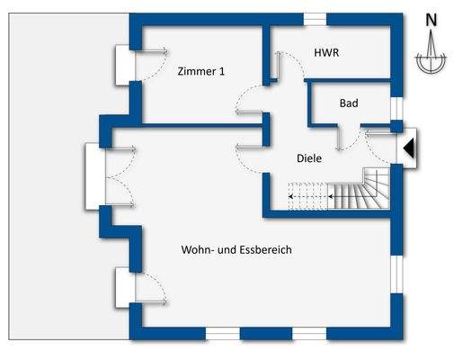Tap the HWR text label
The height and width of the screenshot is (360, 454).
pyautogui.click(x=326, y=54)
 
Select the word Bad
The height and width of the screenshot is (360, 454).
pyautogui.click(x=348, y=103)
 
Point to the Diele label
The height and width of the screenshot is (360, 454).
pyautogui.click(x=309, y=158)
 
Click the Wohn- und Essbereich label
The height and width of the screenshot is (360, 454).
pyautogui.click(x=237, y=249)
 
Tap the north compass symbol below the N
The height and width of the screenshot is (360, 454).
pyautogui.click(x=432, y=56)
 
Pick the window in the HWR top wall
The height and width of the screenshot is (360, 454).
pyautogui.click(x=315, y=19)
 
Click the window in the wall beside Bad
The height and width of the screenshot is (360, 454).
pyautogui.click(x=396, y=107)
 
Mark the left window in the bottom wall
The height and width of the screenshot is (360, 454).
pyautogui.click(x=223, y=333)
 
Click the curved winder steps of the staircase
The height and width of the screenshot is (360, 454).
pyautogui.click(x=369, y=188)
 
